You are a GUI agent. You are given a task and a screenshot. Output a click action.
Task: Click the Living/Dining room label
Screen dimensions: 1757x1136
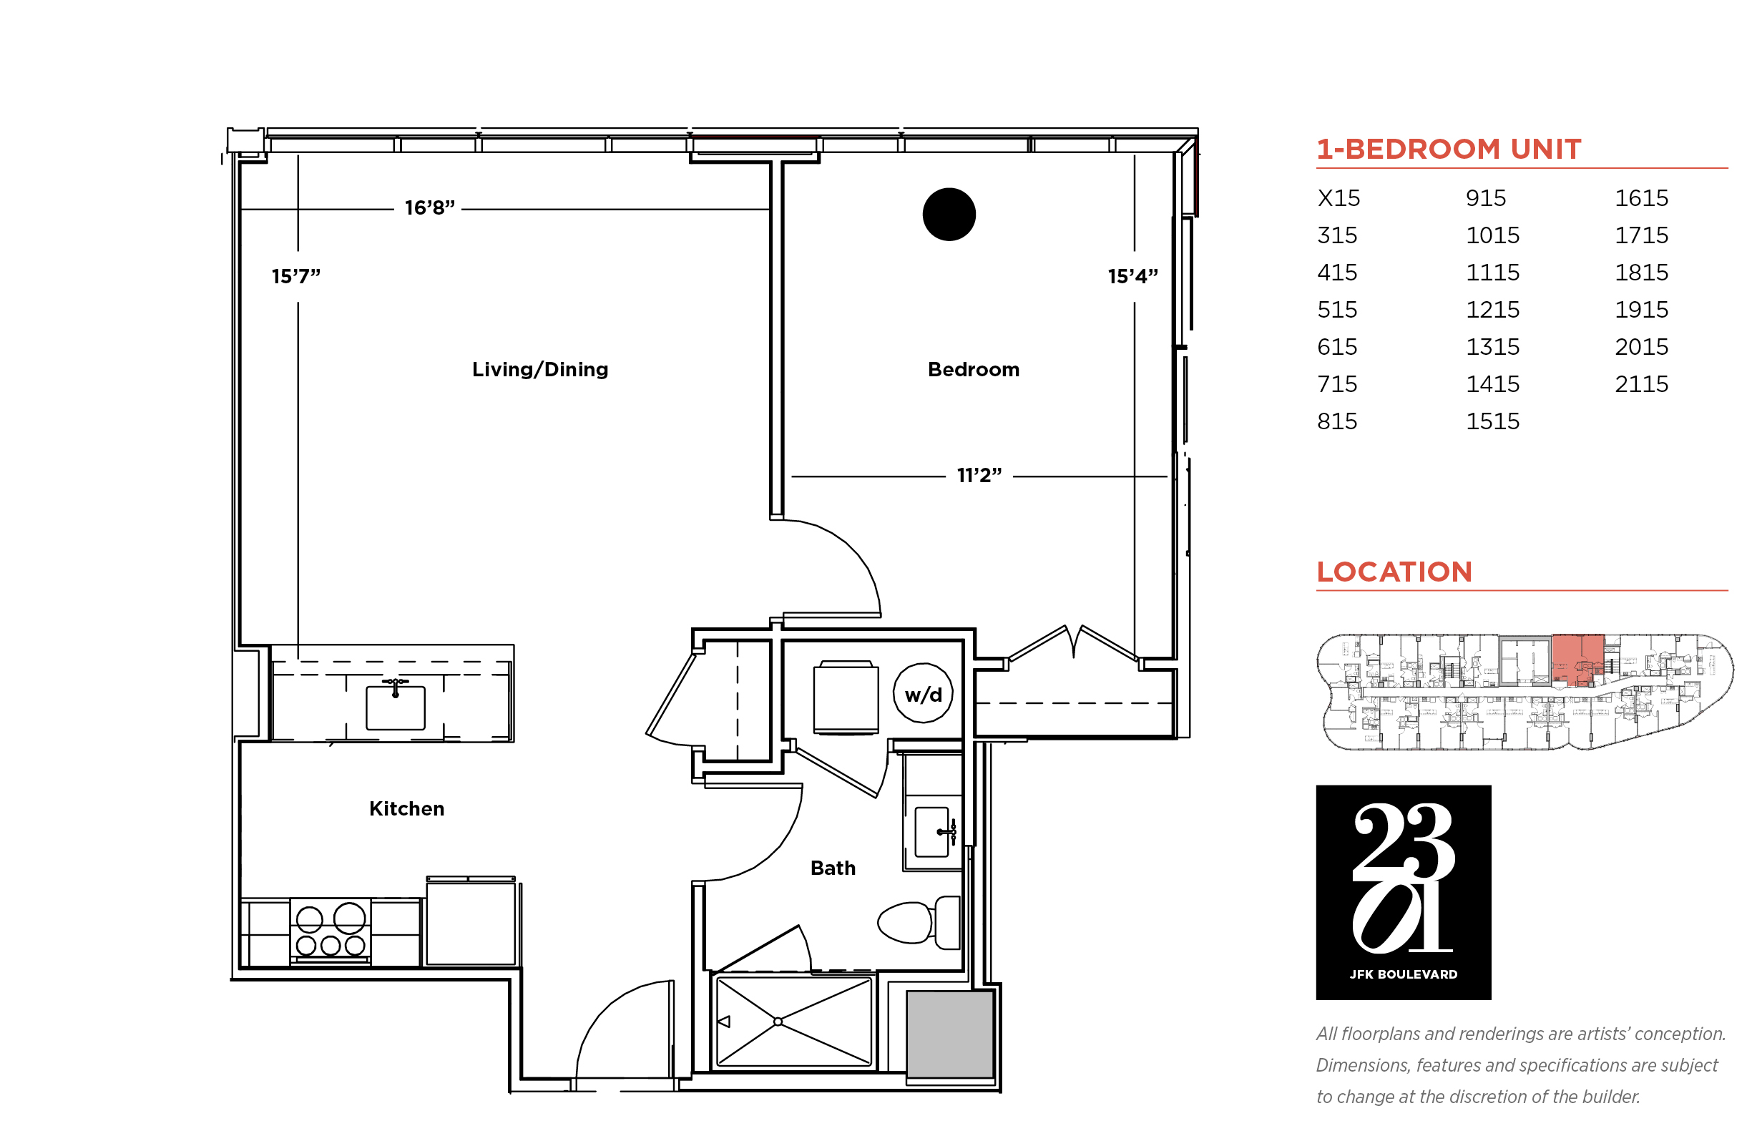pos(540,370)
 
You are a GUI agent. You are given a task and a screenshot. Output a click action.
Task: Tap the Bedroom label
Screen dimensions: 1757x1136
pos(973,370)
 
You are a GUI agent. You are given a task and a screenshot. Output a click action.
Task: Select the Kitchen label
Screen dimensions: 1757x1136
pos(406,808)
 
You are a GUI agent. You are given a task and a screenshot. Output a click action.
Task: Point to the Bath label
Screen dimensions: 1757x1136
pos(833,868)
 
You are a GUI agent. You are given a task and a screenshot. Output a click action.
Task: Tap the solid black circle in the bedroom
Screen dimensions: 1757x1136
pos(949,214)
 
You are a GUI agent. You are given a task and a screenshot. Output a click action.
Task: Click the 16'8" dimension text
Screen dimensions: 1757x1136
pos(429,208)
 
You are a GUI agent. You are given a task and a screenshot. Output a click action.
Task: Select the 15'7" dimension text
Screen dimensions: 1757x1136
pos(295,276)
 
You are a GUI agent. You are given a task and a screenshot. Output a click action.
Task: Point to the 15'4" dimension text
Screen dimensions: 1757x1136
pos(1132,276)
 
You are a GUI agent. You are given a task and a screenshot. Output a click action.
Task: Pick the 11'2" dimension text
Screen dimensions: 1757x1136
pos(979,475)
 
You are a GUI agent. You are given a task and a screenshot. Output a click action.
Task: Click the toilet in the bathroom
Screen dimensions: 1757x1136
pos(919,922)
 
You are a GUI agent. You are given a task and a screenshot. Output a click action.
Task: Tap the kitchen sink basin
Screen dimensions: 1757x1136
pos(396,707)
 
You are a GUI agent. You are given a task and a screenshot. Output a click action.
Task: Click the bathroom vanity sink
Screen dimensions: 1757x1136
pos(931,832)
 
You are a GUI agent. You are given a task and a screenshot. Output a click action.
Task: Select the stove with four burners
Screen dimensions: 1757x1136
pos(330,931)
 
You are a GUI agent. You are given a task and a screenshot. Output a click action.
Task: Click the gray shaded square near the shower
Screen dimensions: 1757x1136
pos(949,1034)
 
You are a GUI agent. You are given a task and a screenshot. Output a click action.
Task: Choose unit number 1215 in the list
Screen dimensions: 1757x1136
pos(1492,309)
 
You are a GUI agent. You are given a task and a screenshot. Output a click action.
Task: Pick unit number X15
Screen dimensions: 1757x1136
pos(1338,197)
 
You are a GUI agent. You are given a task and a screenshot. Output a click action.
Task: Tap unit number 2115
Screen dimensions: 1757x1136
pos(1641,383)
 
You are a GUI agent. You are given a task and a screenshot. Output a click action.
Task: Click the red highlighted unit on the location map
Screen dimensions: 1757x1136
pos(1577,660)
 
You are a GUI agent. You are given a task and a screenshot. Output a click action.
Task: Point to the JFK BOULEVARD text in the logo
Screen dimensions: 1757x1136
pos(1403,974)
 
